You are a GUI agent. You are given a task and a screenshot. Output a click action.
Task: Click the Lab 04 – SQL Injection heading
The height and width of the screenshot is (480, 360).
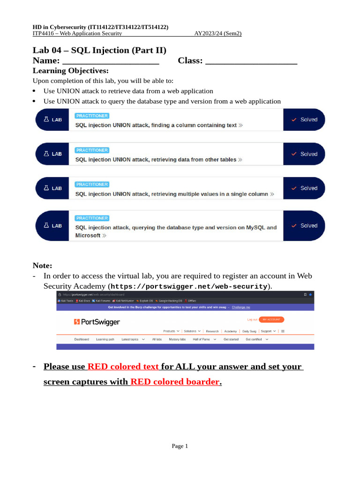click(99, 50)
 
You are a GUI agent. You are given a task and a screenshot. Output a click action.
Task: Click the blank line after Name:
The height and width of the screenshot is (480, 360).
click(111, 61)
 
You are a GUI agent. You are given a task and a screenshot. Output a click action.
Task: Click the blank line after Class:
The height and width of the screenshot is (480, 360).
click(251, 61)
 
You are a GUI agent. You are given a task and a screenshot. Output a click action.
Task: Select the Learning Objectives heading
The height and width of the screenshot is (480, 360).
click(70, 71)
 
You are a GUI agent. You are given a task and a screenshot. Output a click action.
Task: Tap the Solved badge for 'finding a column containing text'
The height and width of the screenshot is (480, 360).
click(304, 120)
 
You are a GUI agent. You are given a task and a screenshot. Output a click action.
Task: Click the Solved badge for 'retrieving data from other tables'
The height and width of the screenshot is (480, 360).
click(304, 154)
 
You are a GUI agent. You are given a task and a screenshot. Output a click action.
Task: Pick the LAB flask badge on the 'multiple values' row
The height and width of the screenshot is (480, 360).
click(52, 188)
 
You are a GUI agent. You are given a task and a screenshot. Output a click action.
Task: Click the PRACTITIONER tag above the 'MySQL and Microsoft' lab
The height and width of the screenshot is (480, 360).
click(92, 218)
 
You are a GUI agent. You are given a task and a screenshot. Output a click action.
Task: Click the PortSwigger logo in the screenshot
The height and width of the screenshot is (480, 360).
click(97, 322)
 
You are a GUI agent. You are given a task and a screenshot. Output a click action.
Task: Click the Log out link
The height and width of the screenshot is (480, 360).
click(252, 319)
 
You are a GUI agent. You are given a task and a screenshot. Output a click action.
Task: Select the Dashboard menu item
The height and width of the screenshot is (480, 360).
click(82, 339)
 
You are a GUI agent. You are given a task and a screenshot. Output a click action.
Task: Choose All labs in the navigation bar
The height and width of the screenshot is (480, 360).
click(157, 339)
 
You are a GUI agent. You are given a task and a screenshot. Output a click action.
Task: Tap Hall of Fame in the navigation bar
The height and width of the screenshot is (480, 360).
click(201, 339)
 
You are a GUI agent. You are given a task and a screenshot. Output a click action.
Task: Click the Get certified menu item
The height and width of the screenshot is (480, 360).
click(254, 339)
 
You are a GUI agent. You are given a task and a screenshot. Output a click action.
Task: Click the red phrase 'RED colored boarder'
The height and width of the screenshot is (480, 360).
click(175, 382)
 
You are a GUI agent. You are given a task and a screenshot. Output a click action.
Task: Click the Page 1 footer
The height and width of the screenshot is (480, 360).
click(180, 446)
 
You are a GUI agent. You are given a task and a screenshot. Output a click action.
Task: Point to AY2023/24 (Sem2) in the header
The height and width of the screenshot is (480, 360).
click(218, 33)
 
